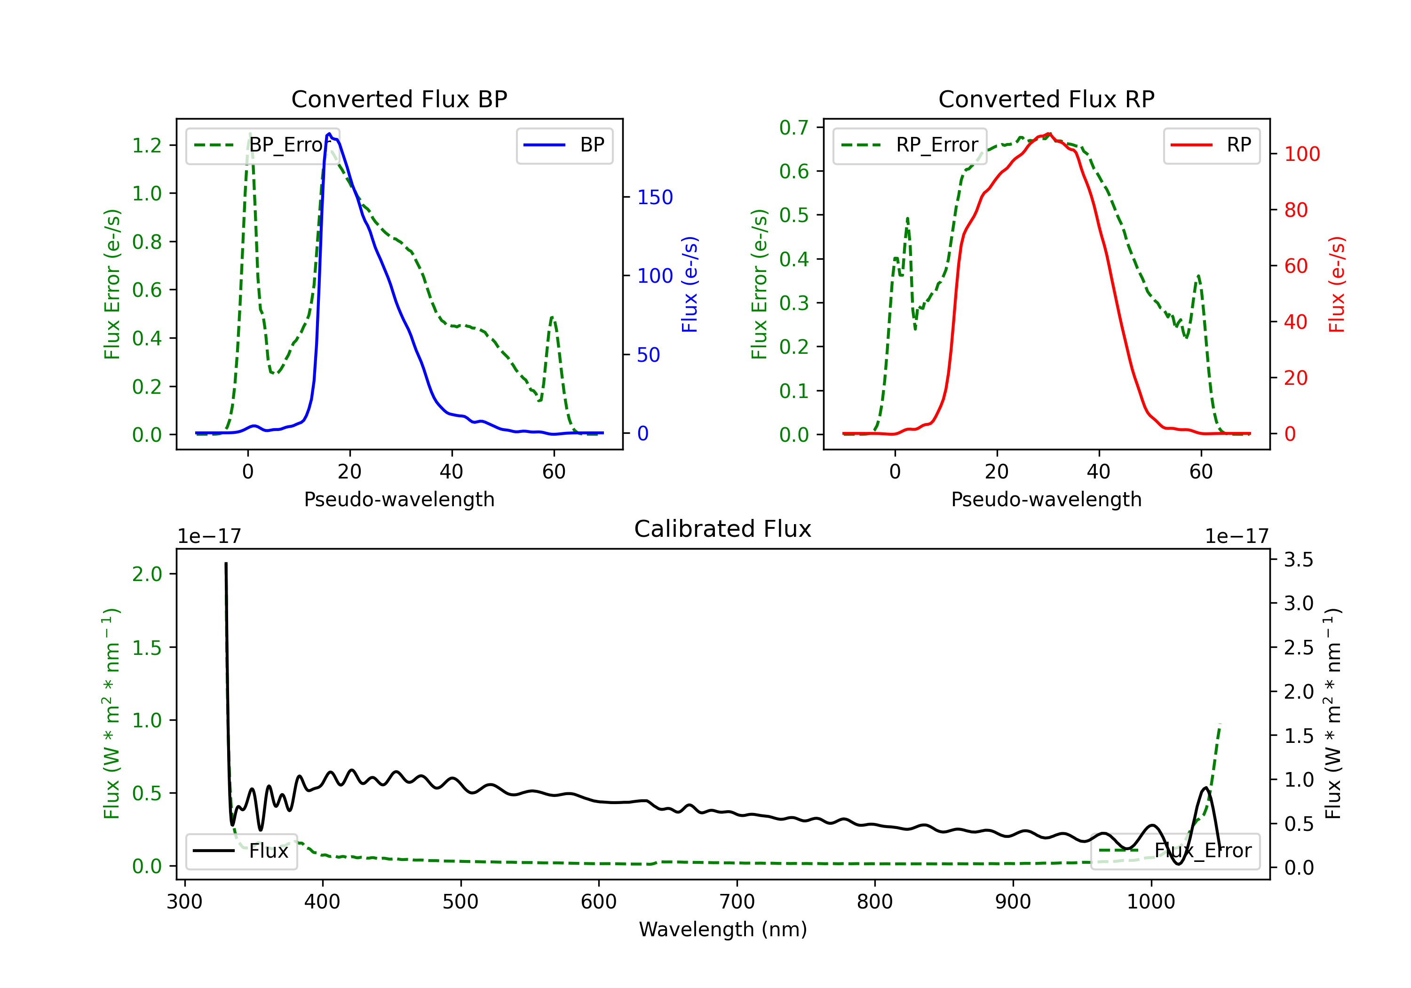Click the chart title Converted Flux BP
(399, 99)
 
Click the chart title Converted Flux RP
(1046, 99)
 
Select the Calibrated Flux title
(723, 529)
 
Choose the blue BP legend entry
(564, 145)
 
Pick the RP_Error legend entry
(910, 145)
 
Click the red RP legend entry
(1211, 145)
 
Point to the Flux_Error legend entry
(1175, 851)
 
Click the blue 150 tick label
(655, 197)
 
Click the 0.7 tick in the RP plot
(794, 128)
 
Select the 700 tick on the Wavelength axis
(737, 901)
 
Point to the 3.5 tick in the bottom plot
(1299, 559)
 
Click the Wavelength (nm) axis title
(723, 929)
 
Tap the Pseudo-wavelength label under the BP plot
(399, 499)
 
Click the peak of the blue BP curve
(329, 134)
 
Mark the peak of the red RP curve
(1049, 134)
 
